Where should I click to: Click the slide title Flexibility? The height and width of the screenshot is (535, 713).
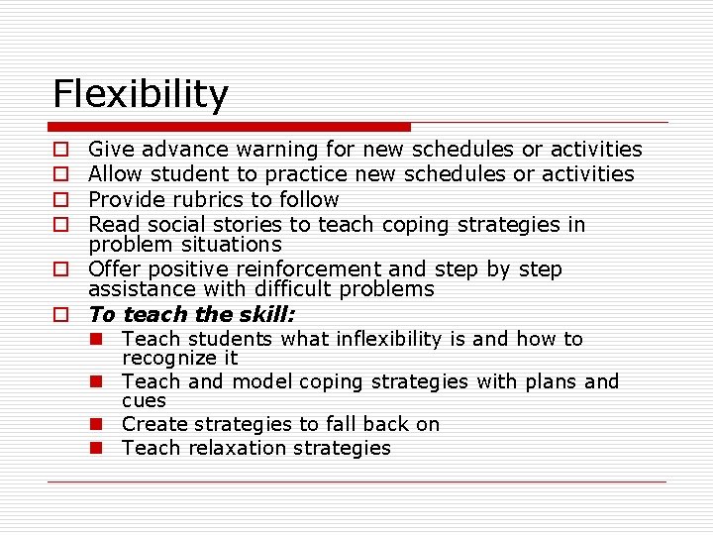(140, 94)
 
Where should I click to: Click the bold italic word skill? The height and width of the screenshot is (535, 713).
(264, 315)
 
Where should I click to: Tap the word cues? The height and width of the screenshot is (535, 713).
(144, 400)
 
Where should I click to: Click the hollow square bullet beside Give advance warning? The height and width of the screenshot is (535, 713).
(60, 151)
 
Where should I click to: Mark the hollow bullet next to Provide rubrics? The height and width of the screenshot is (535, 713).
(60, 200)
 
